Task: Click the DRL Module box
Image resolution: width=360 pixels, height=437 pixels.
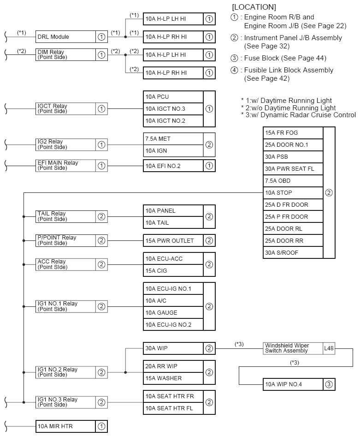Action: tap(65, 37)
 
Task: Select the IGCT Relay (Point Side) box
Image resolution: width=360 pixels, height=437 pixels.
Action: tap(65, 109)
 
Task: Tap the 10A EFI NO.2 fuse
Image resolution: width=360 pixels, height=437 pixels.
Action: tap(173, 166)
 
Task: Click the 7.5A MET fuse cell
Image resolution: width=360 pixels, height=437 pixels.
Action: tap(173, 138)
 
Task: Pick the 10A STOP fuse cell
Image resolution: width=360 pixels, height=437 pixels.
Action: tap(293, 193)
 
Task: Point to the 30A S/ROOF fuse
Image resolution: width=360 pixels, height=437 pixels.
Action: tap(293, 253)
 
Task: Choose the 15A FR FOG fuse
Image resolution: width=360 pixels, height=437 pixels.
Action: tap(293, 133)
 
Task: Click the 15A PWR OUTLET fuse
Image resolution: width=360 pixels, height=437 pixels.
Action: tap(173, 240)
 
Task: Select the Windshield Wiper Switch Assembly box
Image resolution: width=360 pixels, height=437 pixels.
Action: tap(293, 348)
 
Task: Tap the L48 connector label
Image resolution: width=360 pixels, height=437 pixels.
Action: tap(329, 348)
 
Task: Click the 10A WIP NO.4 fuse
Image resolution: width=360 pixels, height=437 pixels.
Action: tap(293, 384)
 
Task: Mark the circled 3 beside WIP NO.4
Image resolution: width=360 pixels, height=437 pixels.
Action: tap(329, 384)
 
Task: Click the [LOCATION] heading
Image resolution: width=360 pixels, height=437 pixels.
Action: tap(254, 7)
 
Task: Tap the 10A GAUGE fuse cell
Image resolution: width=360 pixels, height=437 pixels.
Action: tap(173, 313)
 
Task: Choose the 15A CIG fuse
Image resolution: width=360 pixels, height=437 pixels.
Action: tap(173, 270)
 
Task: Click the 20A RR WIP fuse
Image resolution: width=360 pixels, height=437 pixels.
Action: tap(173, 366)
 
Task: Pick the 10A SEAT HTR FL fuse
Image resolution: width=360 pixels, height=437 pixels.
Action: tap(173, 408)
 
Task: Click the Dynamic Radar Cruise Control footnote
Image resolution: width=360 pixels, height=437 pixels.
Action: tap(298, 115)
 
